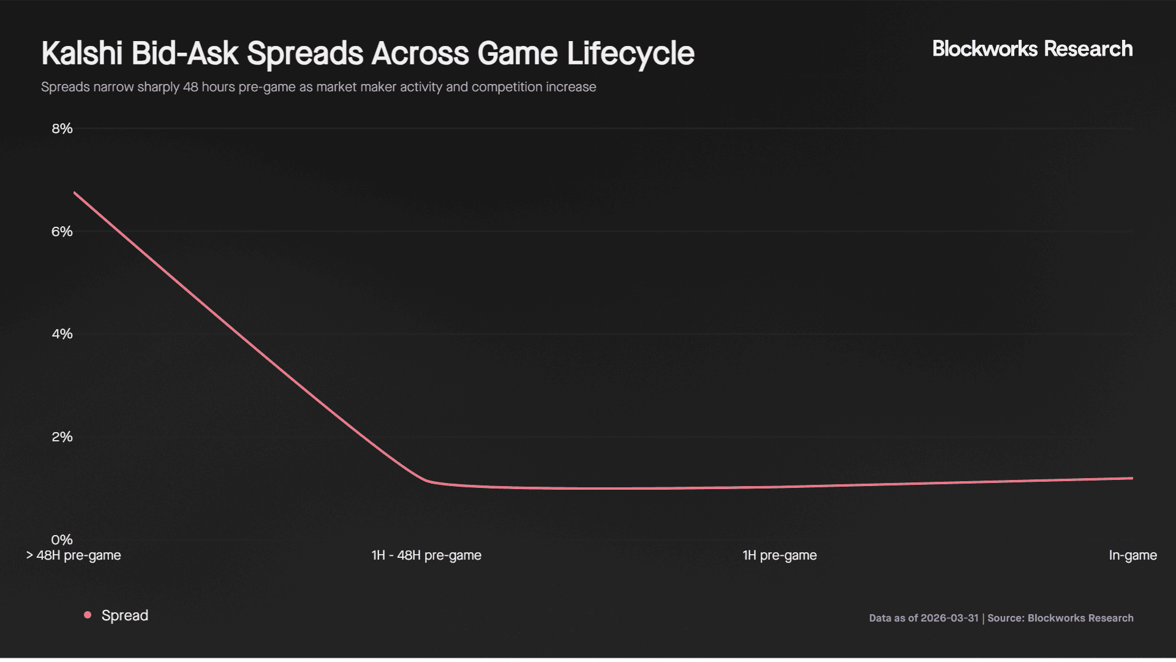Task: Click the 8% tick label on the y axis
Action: pos(62,129)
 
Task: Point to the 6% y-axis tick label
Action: pos(62,232)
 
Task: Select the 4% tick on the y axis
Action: pos(62,334)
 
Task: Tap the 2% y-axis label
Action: pos(62,437)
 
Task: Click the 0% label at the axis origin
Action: pos(62,540)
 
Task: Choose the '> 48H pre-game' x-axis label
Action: pos(73,555)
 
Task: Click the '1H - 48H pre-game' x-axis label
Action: pos(426,555)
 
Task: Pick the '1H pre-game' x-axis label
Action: pos(780,555)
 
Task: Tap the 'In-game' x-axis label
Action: pos(1133,555)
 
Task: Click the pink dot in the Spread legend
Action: pos(88,615)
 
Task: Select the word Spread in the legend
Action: pos(125,615)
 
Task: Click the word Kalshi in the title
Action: pos(82,53)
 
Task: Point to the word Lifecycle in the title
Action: pos(630,53)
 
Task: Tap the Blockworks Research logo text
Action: pos(1032,49)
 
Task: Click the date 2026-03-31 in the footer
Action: pos(949,618)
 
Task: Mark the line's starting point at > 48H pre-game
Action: pos(75,193)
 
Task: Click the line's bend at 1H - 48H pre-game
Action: pos(428,481)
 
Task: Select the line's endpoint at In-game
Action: pos(1132,478)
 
